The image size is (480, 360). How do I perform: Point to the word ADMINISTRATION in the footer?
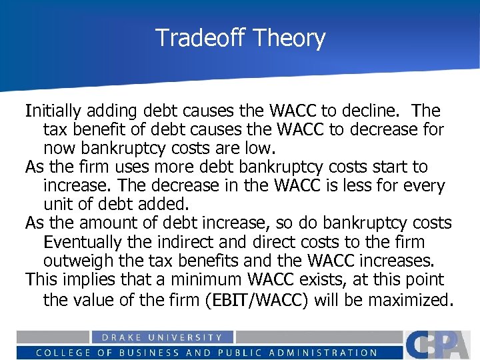322,353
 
